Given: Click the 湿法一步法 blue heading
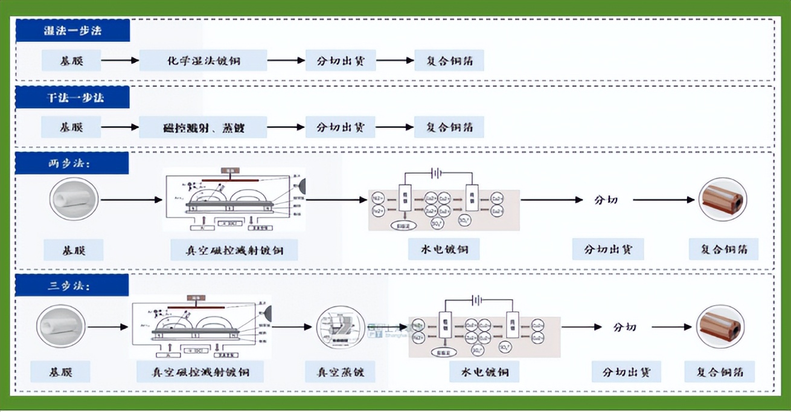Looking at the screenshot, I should click(x=72, y=31).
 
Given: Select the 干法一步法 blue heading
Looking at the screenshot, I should click(x=72, y=97).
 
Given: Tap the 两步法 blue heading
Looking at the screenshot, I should click(x=71, y=163).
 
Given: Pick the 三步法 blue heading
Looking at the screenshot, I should click(x=71, y=285).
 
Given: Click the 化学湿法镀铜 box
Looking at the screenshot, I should click(x=203, y=60).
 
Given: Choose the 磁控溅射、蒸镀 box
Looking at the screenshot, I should click(x=203, y=127).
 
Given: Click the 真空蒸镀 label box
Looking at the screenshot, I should click(x=339, y=372).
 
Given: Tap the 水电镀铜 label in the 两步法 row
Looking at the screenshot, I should click(x=444, y=249).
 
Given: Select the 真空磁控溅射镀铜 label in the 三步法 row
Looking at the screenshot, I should click(x=200, y=372).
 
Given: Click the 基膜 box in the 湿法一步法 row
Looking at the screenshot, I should click(x=71, y=60).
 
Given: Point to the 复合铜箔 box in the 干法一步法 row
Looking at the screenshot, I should click(x=449, y=127).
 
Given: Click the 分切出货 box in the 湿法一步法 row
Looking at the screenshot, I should click(x=340, y=60).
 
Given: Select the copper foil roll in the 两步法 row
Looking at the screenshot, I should click(x=722, y=199).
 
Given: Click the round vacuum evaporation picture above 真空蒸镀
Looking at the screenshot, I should click(x=341, y=328).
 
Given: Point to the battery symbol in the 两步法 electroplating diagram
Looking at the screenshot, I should click(x=436, y=173).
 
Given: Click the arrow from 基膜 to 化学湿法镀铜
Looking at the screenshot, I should click(x=120, y=60).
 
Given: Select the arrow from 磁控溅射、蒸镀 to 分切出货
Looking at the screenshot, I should click(x=286, y=127).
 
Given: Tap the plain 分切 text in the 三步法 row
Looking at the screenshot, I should click(x=625, y=327).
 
